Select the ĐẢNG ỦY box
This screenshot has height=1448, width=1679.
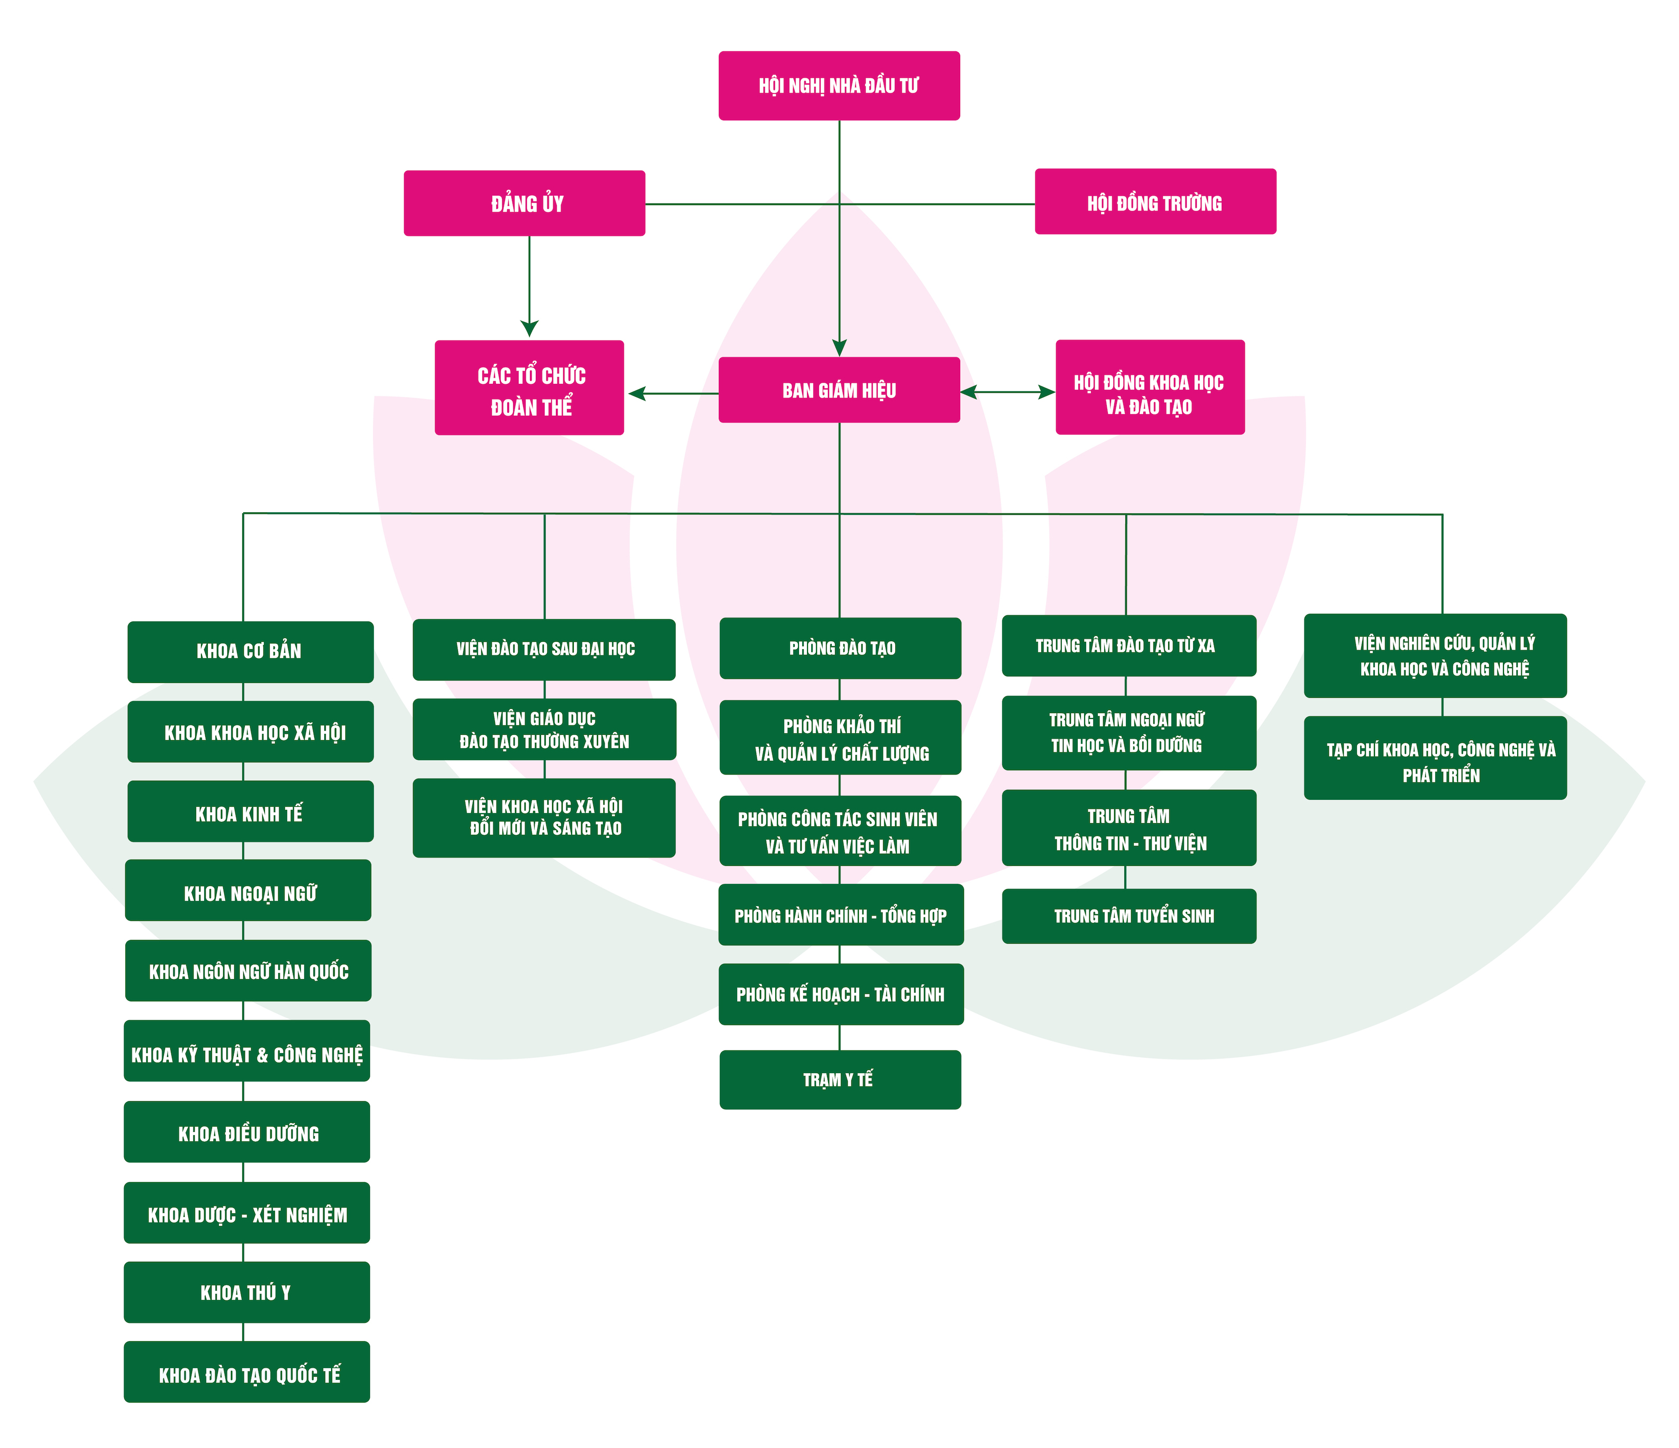(x=524, y=204)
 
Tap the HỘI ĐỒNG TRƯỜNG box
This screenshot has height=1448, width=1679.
(x=1155, y=202)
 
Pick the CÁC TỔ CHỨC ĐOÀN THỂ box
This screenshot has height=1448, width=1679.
(x=529, y=388)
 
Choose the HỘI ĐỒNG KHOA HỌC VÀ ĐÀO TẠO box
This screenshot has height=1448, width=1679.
(x=1150, y=388)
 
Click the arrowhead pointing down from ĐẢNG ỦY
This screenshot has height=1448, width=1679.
(x=529, y=328)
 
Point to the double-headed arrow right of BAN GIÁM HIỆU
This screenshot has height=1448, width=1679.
(x=1007, y=392)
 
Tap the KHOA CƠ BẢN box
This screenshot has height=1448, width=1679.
(x=250, y=651)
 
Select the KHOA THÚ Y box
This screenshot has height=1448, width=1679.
(x=247, y=1293)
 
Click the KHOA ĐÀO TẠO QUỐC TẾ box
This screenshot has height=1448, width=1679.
(x=247, y=1372)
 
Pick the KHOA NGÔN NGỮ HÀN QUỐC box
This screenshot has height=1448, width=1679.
(x=248, y=971)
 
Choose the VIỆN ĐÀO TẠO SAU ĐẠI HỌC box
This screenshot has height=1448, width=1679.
(x=544, y=650)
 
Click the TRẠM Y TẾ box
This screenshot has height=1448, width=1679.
(x=840, y=1080)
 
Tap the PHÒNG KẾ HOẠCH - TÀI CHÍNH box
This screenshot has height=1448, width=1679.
(x=841, y=994)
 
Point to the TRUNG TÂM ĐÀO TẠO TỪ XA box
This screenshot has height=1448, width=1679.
(x=1129, y=646)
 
